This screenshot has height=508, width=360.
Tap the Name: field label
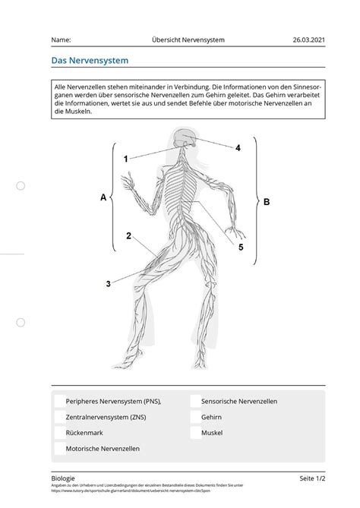pos(62,39)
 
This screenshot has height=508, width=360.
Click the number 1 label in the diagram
pos(126,159)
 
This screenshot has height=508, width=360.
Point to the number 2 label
pos(129,236)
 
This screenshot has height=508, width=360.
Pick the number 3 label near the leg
pos(109,284)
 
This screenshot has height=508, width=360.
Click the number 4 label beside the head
pos(238,148)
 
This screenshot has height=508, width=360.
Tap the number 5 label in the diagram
pos(241,247)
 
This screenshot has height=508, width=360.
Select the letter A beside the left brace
pos(103,197)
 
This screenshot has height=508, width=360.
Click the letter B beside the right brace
pos(267,202)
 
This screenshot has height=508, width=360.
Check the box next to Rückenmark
pos(59,433)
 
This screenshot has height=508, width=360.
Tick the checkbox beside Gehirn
pos(194,417)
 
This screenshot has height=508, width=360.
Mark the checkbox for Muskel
pos(194,433)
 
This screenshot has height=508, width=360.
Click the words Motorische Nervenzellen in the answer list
pos(103,449)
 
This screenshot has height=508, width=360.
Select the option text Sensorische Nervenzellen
pos(239,401)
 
